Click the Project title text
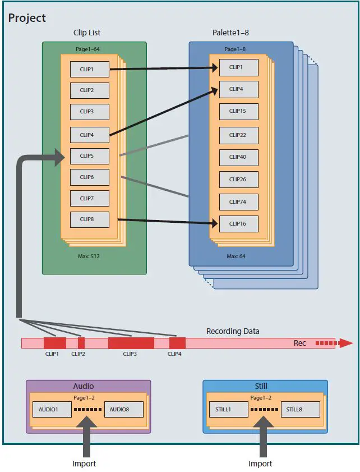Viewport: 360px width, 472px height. (x=27, y=18)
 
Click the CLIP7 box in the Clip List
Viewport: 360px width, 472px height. (x=90, y=199)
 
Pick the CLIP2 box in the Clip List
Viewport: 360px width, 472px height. (x=90, y=90)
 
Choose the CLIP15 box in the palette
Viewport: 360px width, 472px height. (x=238, y=111)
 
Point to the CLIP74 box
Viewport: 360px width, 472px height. (x=238, y=202)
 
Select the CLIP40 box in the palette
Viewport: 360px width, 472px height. (x=238, y=157)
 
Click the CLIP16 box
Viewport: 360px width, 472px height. (x=238, y=223)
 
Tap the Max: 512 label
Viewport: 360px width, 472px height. (x=90, y=256)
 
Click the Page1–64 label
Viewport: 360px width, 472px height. (x=89, y=49)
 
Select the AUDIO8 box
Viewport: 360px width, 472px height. (x=124, y=410)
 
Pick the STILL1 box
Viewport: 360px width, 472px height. (x=227, y=410)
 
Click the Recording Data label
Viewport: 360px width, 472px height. (x=233, y=331)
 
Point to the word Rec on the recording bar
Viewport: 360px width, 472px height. (x=300, y=343)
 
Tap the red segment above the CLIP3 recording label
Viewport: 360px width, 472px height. (x=131, y=343)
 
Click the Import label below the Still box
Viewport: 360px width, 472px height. (x=260, y=464)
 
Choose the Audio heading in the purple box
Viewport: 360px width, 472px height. (x=84, y=386)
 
